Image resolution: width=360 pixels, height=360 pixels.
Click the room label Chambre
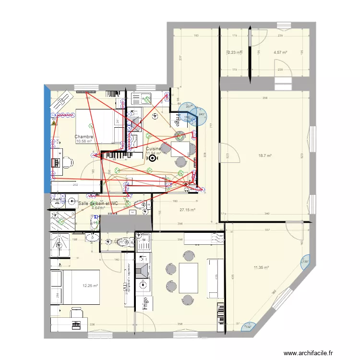(84, 137)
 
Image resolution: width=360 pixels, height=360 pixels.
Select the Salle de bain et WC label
(98, 204)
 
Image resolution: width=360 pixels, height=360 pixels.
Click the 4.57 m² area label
(280, 53)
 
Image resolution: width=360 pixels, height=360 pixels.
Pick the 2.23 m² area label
(235, 53)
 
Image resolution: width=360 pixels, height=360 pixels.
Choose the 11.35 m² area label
(262, 268)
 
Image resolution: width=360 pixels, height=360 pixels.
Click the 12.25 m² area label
(90, 286)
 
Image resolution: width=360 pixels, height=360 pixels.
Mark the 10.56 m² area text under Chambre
(84, 142)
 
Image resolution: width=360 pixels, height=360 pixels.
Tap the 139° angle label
(305, 262)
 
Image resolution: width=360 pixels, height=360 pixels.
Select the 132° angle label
(249, 327)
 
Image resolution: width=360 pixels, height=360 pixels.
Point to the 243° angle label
(201, 114)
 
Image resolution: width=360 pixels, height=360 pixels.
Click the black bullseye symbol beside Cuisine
(153, 157)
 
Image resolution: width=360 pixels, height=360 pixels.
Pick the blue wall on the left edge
(47, 139)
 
